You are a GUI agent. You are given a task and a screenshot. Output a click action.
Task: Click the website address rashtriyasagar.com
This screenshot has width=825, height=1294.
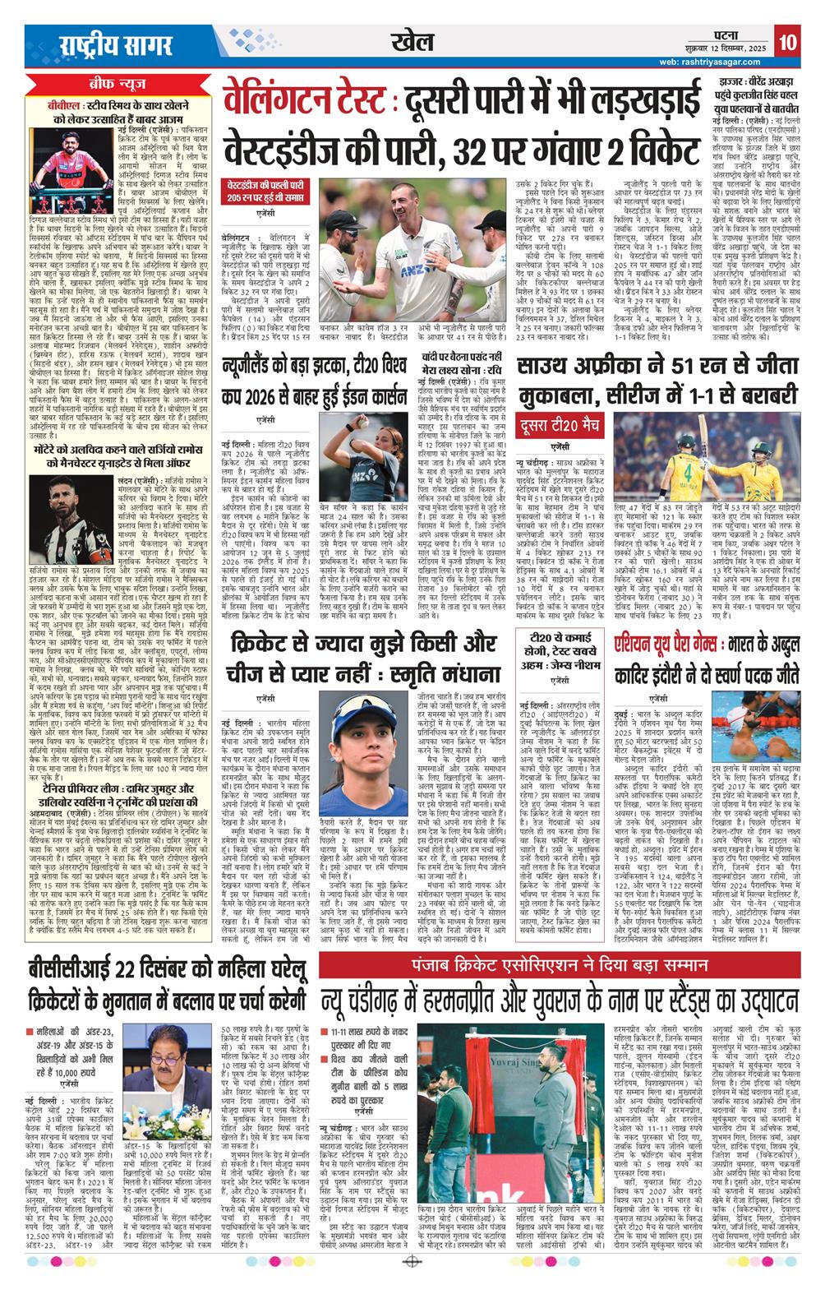pyautogui.click(x=728, y=61)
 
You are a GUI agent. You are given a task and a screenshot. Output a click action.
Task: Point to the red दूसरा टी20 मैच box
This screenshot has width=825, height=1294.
pyautogui.click(x=560, y=425)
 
